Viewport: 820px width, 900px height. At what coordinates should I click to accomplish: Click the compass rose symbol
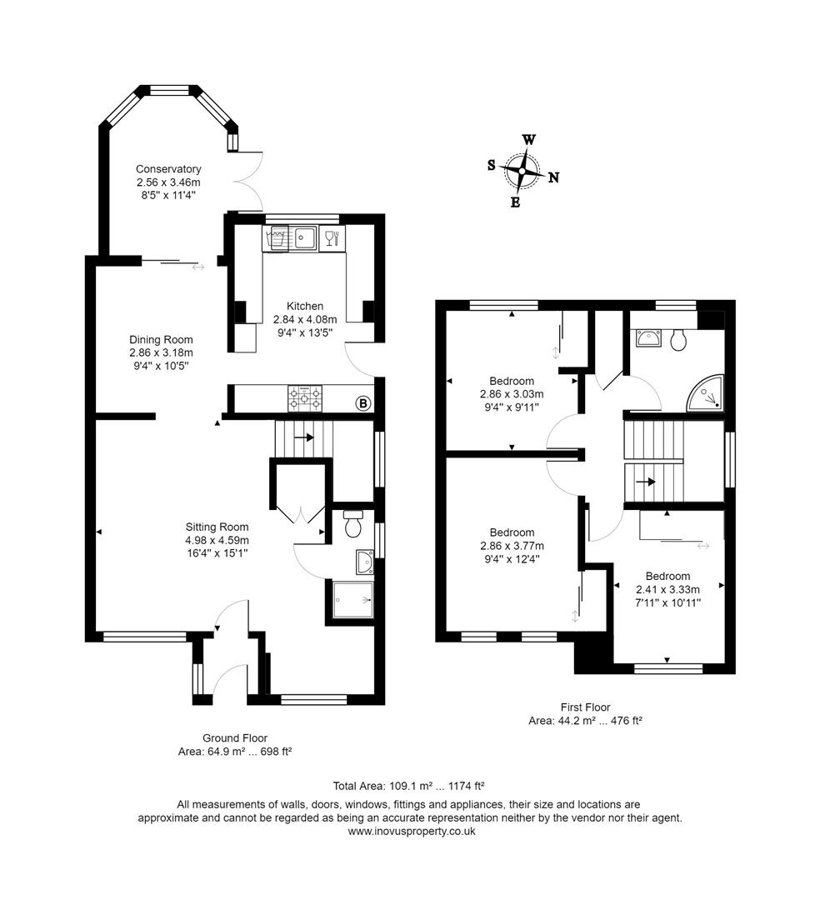click(522, 171)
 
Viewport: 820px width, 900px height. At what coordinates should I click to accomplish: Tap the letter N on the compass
click(553, 177)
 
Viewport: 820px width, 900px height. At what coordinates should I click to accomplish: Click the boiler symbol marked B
click(362, 404)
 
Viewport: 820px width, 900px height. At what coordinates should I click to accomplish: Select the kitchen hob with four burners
click(305, 398)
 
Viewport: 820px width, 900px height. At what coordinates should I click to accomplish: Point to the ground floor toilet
click(353, 524)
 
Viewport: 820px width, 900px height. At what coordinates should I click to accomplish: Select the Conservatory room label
click(168, 169)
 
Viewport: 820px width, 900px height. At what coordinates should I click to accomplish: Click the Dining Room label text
click(161, 339)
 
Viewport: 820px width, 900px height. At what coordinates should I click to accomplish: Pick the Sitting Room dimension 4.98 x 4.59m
click(217, 539)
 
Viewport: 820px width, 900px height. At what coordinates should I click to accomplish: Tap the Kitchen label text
click(305, 306)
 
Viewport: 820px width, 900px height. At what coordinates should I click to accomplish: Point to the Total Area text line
click(409, 785)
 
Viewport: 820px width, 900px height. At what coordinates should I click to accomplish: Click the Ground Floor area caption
click(235, 744)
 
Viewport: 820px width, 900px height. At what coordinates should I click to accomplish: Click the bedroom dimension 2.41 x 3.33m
click(667, 588)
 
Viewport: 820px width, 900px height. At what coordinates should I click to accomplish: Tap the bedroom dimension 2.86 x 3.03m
click(512, 394)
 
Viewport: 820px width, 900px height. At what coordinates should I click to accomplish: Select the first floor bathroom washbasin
click(647, 338)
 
